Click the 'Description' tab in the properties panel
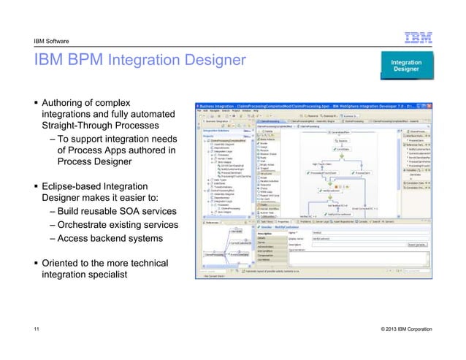pos(267,234)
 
